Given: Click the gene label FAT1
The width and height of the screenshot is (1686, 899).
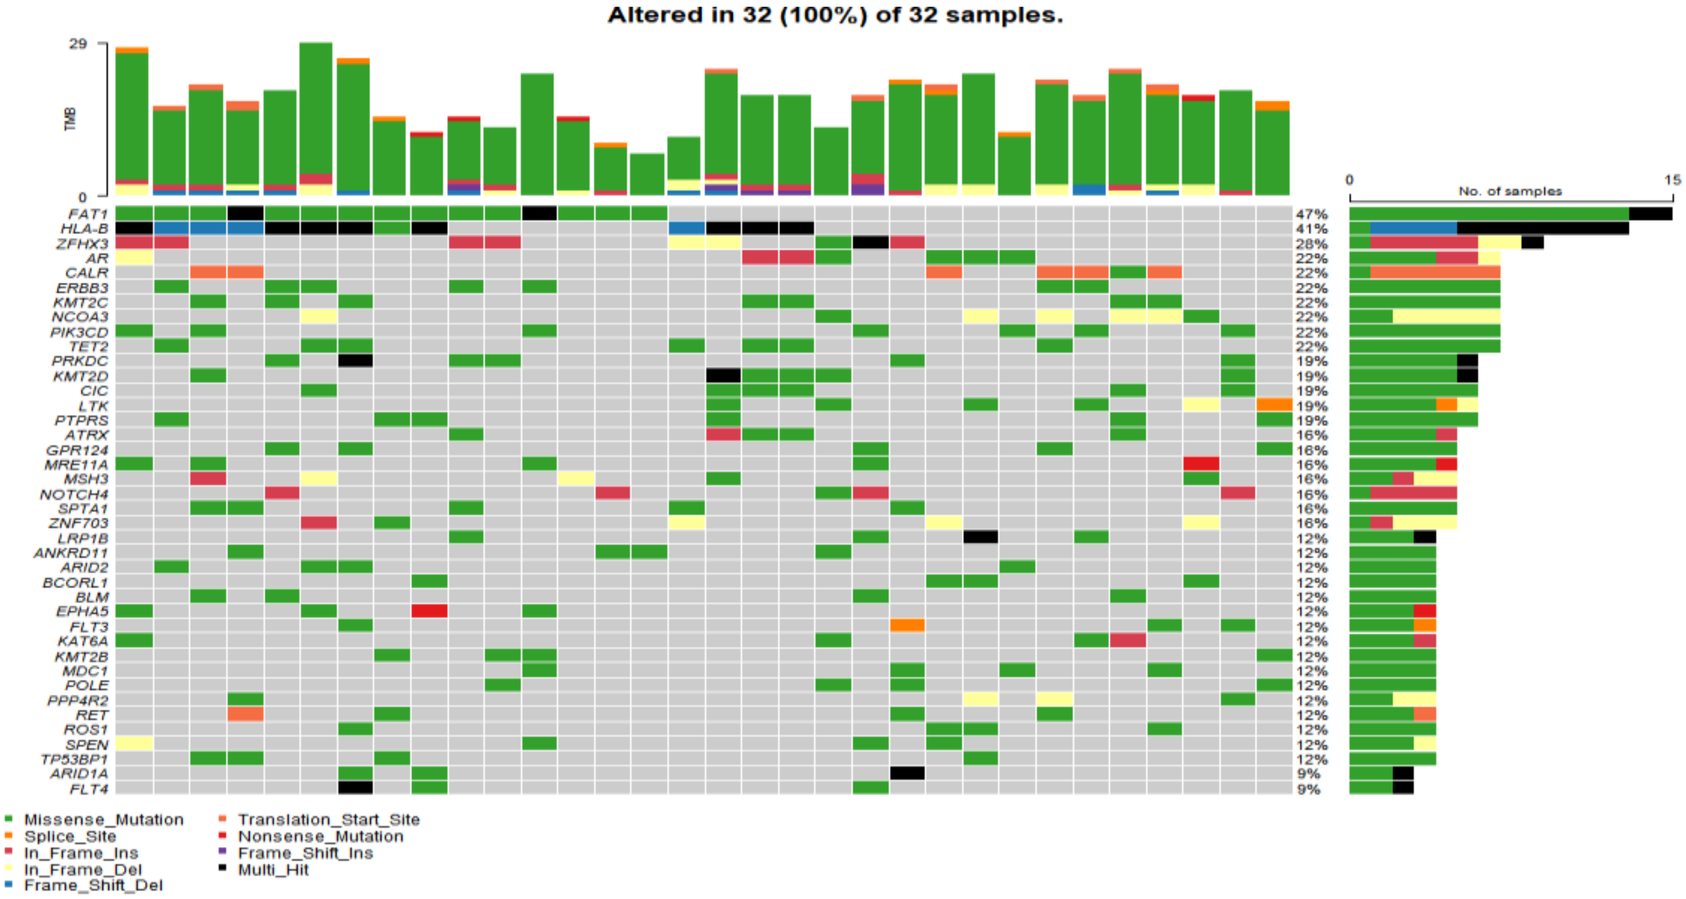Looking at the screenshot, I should pos(88,214).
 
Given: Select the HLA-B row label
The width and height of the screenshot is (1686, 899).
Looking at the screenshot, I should pos(84,229).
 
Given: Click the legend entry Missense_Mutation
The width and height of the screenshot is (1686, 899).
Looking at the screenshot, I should pos(104,819).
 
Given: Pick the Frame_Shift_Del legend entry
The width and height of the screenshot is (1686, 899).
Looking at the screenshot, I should pos(93,885).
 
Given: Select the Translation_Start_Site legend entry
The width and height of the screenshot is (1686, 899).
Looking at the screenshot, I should pos(328,819).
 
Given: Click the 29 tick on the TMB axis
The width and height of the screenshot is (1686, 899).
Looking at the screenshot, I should pos(78,44).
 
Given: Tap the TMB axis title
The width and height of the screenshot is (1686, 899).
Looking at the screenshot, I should pos(70,119).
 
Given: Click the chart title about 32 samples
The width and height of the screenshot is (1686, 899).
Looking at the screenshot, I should pos(835,14).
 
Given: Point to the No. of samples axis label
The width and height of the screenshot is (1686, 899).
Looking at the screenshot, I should pos(1509,191).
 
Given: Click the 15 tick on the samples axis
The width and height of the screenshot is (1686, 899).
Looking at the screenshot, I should pos(1672,179).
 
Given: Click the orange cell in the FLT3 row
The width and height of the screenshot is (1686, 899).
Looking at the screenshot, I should pos(907,626).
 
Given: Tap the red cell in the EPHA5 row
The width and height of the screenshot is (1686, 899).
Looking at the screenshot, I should pos(429,610).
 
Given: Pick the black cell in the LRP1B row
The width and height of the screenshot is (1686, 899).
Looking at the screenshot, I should pos(980,537).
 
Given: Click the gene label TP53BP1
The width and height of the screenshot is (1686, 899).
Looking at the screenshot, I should pos(74,759).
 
